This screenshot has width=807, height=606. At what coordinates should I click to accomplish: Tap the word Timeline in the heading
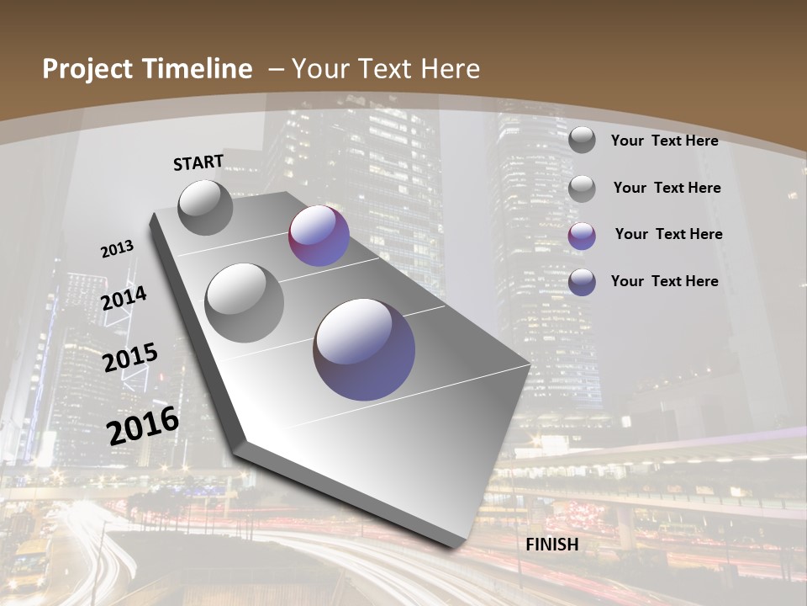[x=198, y=70]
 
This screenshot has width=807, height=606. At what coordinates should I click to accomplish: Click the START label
[x=198, y=162]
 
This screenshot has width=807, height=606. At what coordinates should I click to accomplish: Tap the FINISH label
[x=552, y=544]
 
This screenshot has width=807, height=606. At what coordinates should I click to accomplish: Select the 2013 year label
[x=117, y=249]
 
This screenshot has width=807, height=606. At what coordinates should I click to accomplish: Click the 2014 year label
[x=124, y=298]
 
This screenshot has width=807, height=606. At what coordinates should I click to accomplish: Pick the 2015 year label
[x=130, y=358]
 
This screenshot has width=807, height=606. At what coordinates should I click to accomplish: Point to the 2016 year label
[x=143, y=425]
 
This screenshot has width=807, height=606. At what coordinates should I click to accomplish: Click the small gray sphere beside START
[x=206, y=207]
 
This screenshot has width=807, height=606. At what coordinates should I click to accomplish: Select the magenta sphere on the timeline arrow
[x=319, y=236]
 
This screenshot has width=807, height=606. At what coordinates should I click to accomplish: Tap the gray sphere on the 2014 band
[x=245, y=302]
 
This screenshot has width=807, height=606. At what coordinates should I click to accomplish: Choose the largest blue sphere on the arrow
[x=364, y=348]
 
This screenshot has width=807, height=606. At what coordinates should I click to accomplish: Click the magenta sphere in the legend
[x=582, y=236]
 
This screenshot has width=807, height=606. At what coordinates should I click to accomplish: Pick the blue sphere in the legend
[x=582, y=282]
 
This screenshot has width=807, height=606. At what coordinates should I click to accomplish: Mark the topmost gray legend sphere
[x=582, y=140]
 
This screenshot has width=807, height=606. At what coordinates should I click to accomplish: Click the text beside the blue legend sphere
[x=664, y=281]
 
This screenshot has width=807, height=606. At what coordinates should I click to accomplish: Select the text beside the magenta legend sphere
[x=668, y=234]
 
